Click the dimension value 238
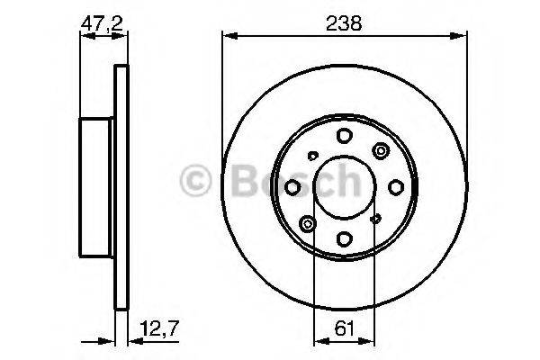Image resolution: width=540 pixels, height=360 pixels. pyautogui.click(x=345, y=24)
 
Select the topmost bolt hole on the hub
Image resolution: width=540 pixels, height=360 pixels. pyautogui.click(x=345, y=136)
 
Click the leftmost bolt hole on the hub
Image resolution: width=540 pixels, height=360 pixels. pyautogui.click(x=293, y=187)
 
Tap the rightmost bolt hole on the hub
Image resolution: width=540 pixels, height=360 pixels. pyautogui.click(x=396, y=187)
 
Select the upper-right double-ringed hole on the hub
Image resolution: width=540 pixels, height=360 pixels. pyautogui.click(x=381, y=150)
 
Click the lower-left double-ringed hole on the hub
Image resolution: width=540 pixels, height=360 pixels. pyautogui.click(x=309, y=223)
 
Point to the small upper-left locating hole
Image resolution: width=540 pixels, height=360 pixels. pyautogui.click(x=310, y=154)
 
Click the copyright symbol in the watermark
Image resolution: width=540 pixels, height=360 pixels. pyautogui.click(x=195, y=179)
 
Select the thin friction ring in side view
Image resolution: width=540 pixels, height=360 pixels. pyautogui.click(x=120, y=187)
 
